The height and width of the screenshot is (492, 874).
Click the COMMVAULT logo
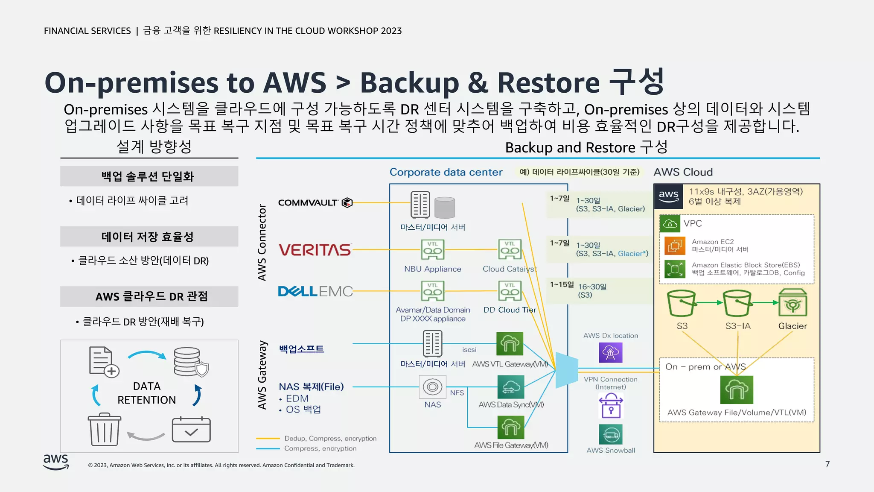[x=315, y=202]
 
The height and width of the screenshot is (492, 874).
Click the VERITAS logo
[x=315, y=250]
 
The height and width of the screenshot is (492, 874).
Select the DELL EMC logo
[x=315, y=291]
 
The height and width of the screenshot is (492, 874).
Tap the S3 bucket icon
[x=682, y=303]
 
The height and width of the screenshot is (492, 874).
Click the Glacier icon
[x=792, y=303]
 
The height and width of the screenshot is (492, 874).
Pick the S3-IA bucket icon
[x=737, y=303]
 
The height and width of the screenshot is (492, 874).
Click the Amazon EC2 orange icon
[x=675, y=246]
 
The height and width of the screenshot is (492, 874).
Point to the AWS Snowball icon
[x=611, y=435]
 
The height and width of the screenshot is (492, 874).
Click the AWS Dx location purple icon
[x=611, y=352]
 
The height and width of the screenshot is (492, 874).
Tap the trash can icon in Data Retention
[x=104, y=430]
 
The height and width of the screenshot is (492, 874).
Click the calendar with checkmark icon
[x=191, y=430]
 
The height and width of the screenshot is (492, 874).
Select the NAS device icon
[x=432, y=387]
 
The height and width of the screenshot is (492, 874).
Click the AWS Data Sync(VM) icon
[x=511, y=387]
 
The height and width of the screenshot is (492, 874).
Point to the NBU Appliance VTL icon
[x=432, y=250]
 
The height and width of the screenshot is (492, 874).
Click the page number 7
[x=827, y=464]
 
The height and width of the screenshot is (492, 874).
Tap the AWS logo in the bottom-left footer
[x=56, y=462]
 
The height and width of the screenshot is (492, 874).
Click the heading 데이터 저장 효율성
[x=148, y=237]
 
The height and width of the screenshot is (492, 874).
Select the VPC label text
[x=692, y=223]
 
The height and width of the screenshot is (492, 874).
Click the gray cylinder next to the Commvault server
[x=445, y=208]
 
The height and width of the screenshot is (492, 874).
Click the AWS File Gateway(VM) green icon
[x=511, y=427]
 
